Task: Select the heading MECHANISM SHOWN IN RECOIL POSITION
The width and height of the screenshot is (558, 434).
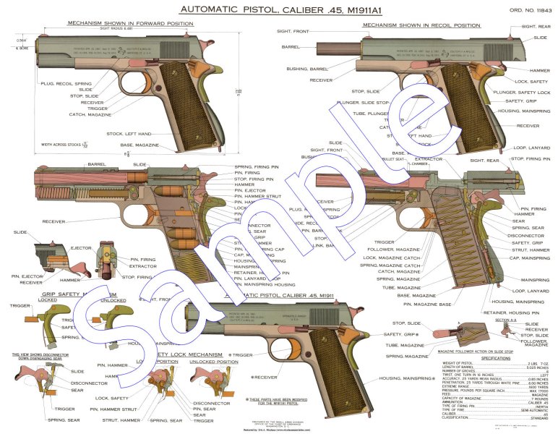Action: coord(421,25)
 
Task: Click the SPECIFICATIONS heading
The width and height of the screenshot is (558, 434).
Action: coord(490,357)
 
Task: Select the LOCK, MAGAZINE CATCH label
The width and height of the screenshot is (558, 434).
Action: coord(390,258)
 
